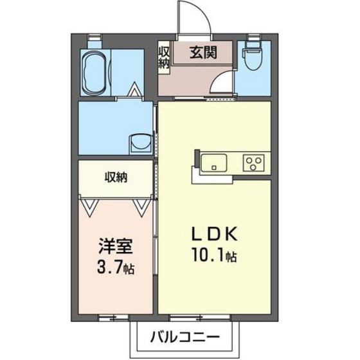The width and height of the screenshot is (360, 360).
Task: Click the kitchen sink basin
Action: pos(212,162)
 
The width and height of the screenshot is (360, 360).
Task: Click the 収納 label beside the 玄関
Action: pos(164,57)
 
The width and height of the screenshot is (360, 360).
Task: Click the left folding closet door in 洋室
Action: pos(91,205)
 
